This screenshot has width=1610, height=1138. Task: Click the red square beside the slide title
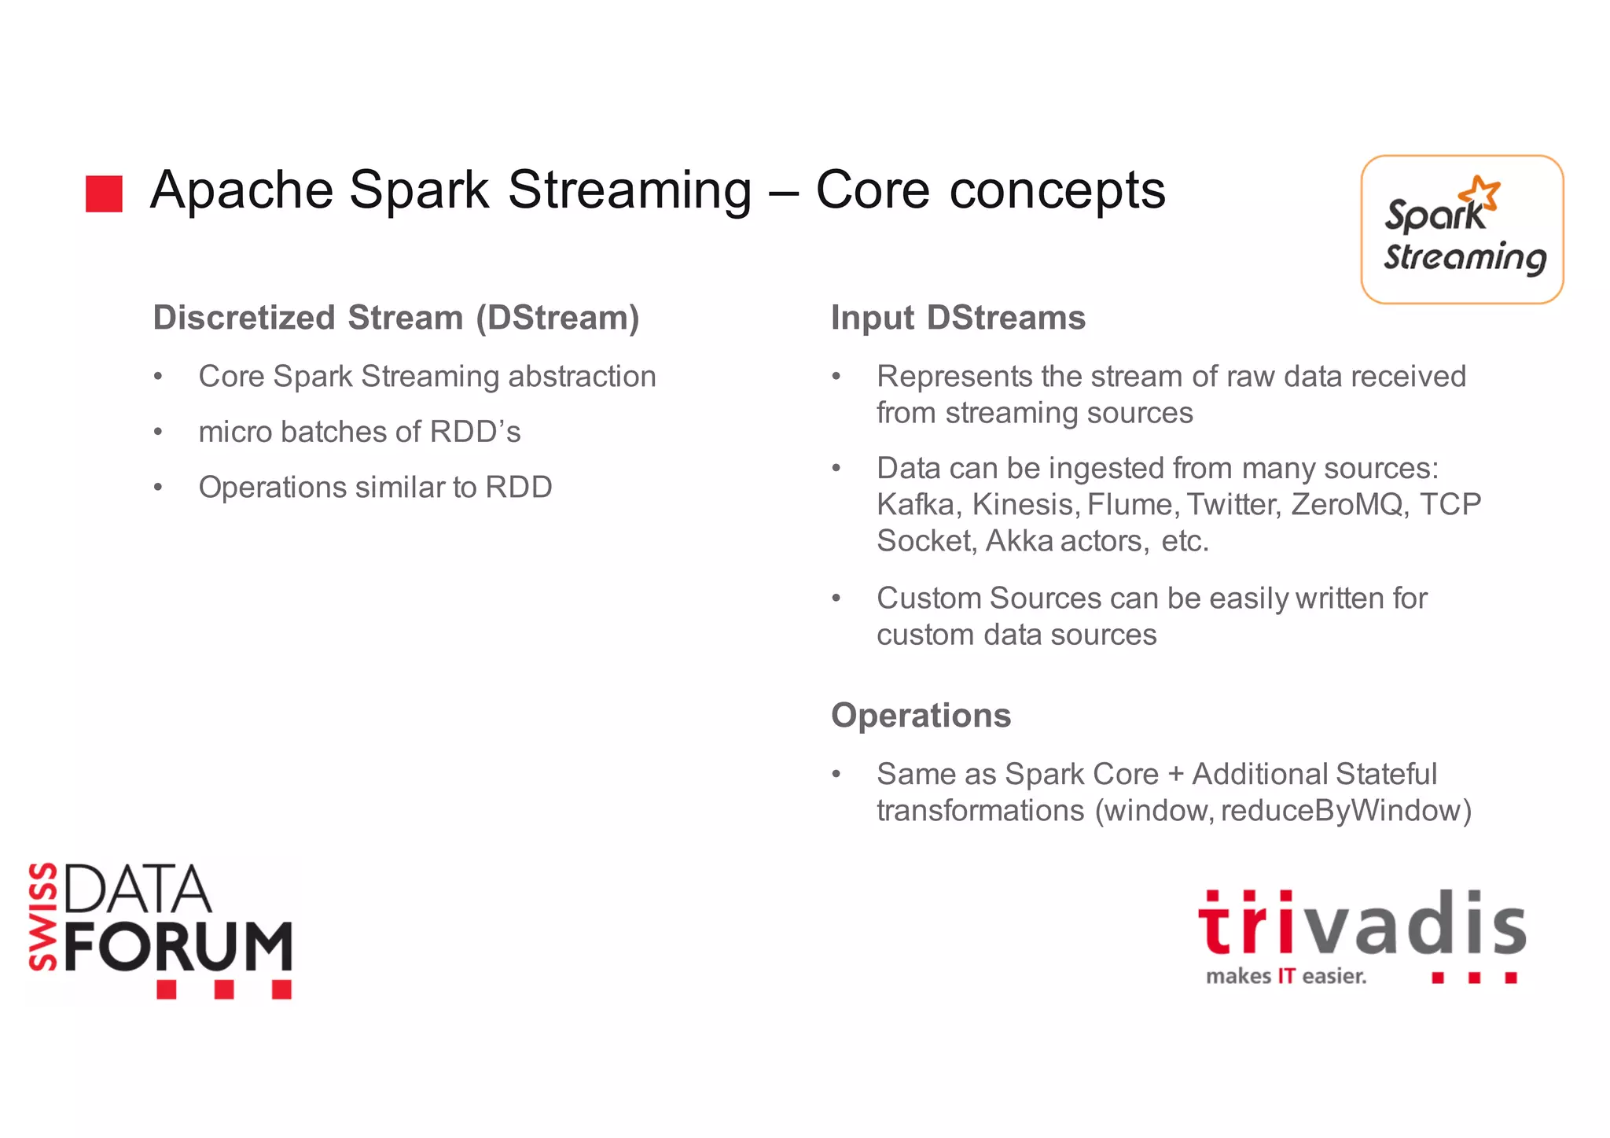click(x=104, y=193)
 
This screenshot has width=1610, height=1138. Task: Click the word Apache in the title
click(x=242, y=191)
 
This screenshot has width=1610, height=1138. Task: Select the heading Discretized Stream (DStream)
click(x=396, y=319)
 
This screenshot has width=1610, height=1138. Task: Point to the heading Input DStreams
click(x=958, y=319)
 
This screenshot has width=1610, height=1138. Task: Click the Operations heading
click(x=921, y=716)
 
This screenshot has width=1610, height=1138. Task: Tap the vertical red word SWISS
click(x=44, y=916)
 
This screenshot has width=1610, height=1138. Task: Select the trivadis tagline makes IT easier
click(x=1286, y=977)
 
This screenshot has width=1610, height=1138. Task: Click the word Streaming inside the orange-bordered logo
click(x=1465, y=258)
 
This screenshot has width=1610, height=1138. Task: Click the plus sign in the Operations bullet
click(x=1175, y=775)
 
